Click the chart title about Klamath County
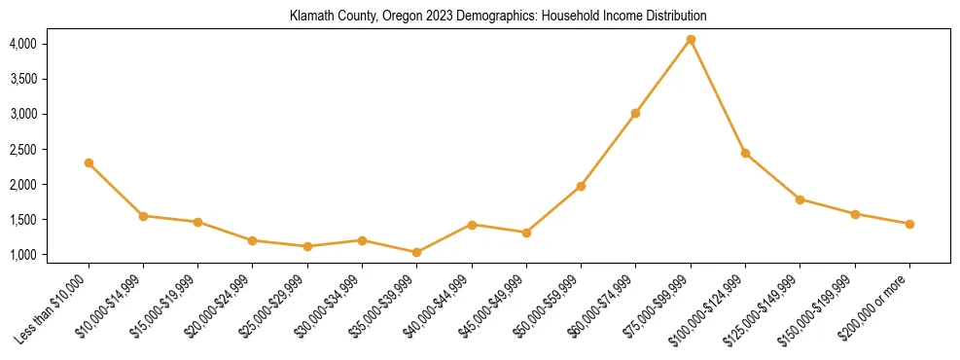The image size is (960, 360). click(498, 17)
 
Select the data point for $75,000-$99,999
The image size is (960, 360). click(691, 40)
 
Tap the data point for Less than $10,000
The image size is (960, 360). click(89, 162)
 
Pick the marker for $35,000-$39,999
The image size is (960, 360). click(417, 252)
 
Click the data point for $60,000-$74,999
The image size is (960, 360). click(635, 113)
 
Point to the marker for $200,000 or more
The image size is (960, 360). click(909, 224)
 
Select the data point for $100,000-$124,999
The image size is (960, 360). click(745, 153)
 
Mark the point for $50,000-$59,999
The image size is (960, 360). click(581, 186)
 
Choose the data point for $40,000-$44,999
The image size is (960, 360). click(472, 225)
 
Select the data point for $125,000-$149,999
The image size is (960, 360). click(800, 199)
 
